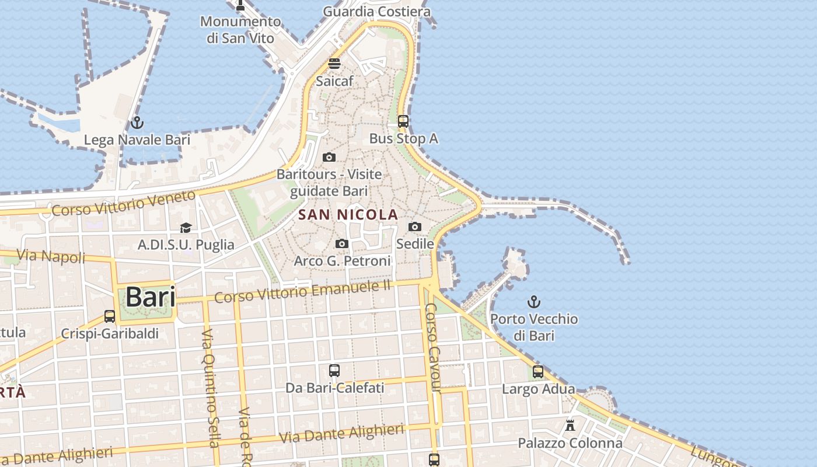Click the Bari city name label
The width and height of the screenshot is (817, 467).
tap(150, 297)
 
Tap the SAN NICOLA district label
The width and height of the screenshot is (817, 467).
tap(348, 215)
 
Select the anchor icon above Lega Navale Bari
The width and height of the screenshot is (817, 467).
tap(137, 123)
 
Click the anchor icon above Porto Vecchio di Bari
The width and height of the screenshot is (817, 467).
tap(533, 302)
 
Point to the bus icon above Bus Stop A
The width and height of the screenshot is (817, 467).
tap(403, 121)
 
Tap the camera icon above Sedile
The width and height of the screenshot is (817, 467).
tap(415, 226)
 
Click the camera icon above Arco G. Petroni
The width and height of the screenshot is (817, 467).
tap(342, 243)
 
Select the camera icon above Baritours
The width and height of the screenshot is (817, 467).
tap(329, 157)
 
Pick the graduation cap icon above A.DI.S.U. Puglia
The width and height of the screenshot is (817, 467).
tap(186, 228)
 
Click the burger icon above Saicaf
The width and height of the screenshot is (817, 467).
tap(334, 64)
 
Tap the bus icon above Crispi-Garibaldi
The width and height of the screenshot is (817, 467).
tap(110, 316)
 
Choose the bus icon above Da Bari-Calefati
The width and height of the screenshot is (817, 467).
tap(334, 370)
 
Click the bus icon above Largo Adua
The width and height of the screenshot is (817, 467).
tap(538, 371)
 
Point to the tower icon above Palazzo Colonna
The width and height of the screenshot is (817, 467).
tap(570, 425)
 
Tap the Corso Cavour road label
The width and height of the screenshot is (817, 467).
tap(432, 347)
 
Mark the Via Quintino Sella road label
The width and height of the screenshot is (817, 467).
tap(210, 388)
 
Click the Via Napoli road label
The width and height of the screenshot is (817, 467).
tap(51, 256)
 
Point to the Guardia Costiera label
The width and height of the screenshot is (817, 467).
tap(376, 11)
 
